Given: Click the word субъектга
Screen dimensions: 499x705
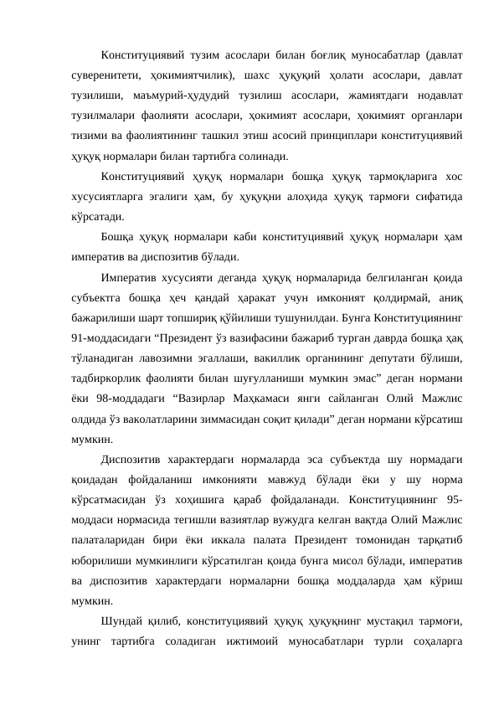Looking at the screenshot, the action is (97, 298).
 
